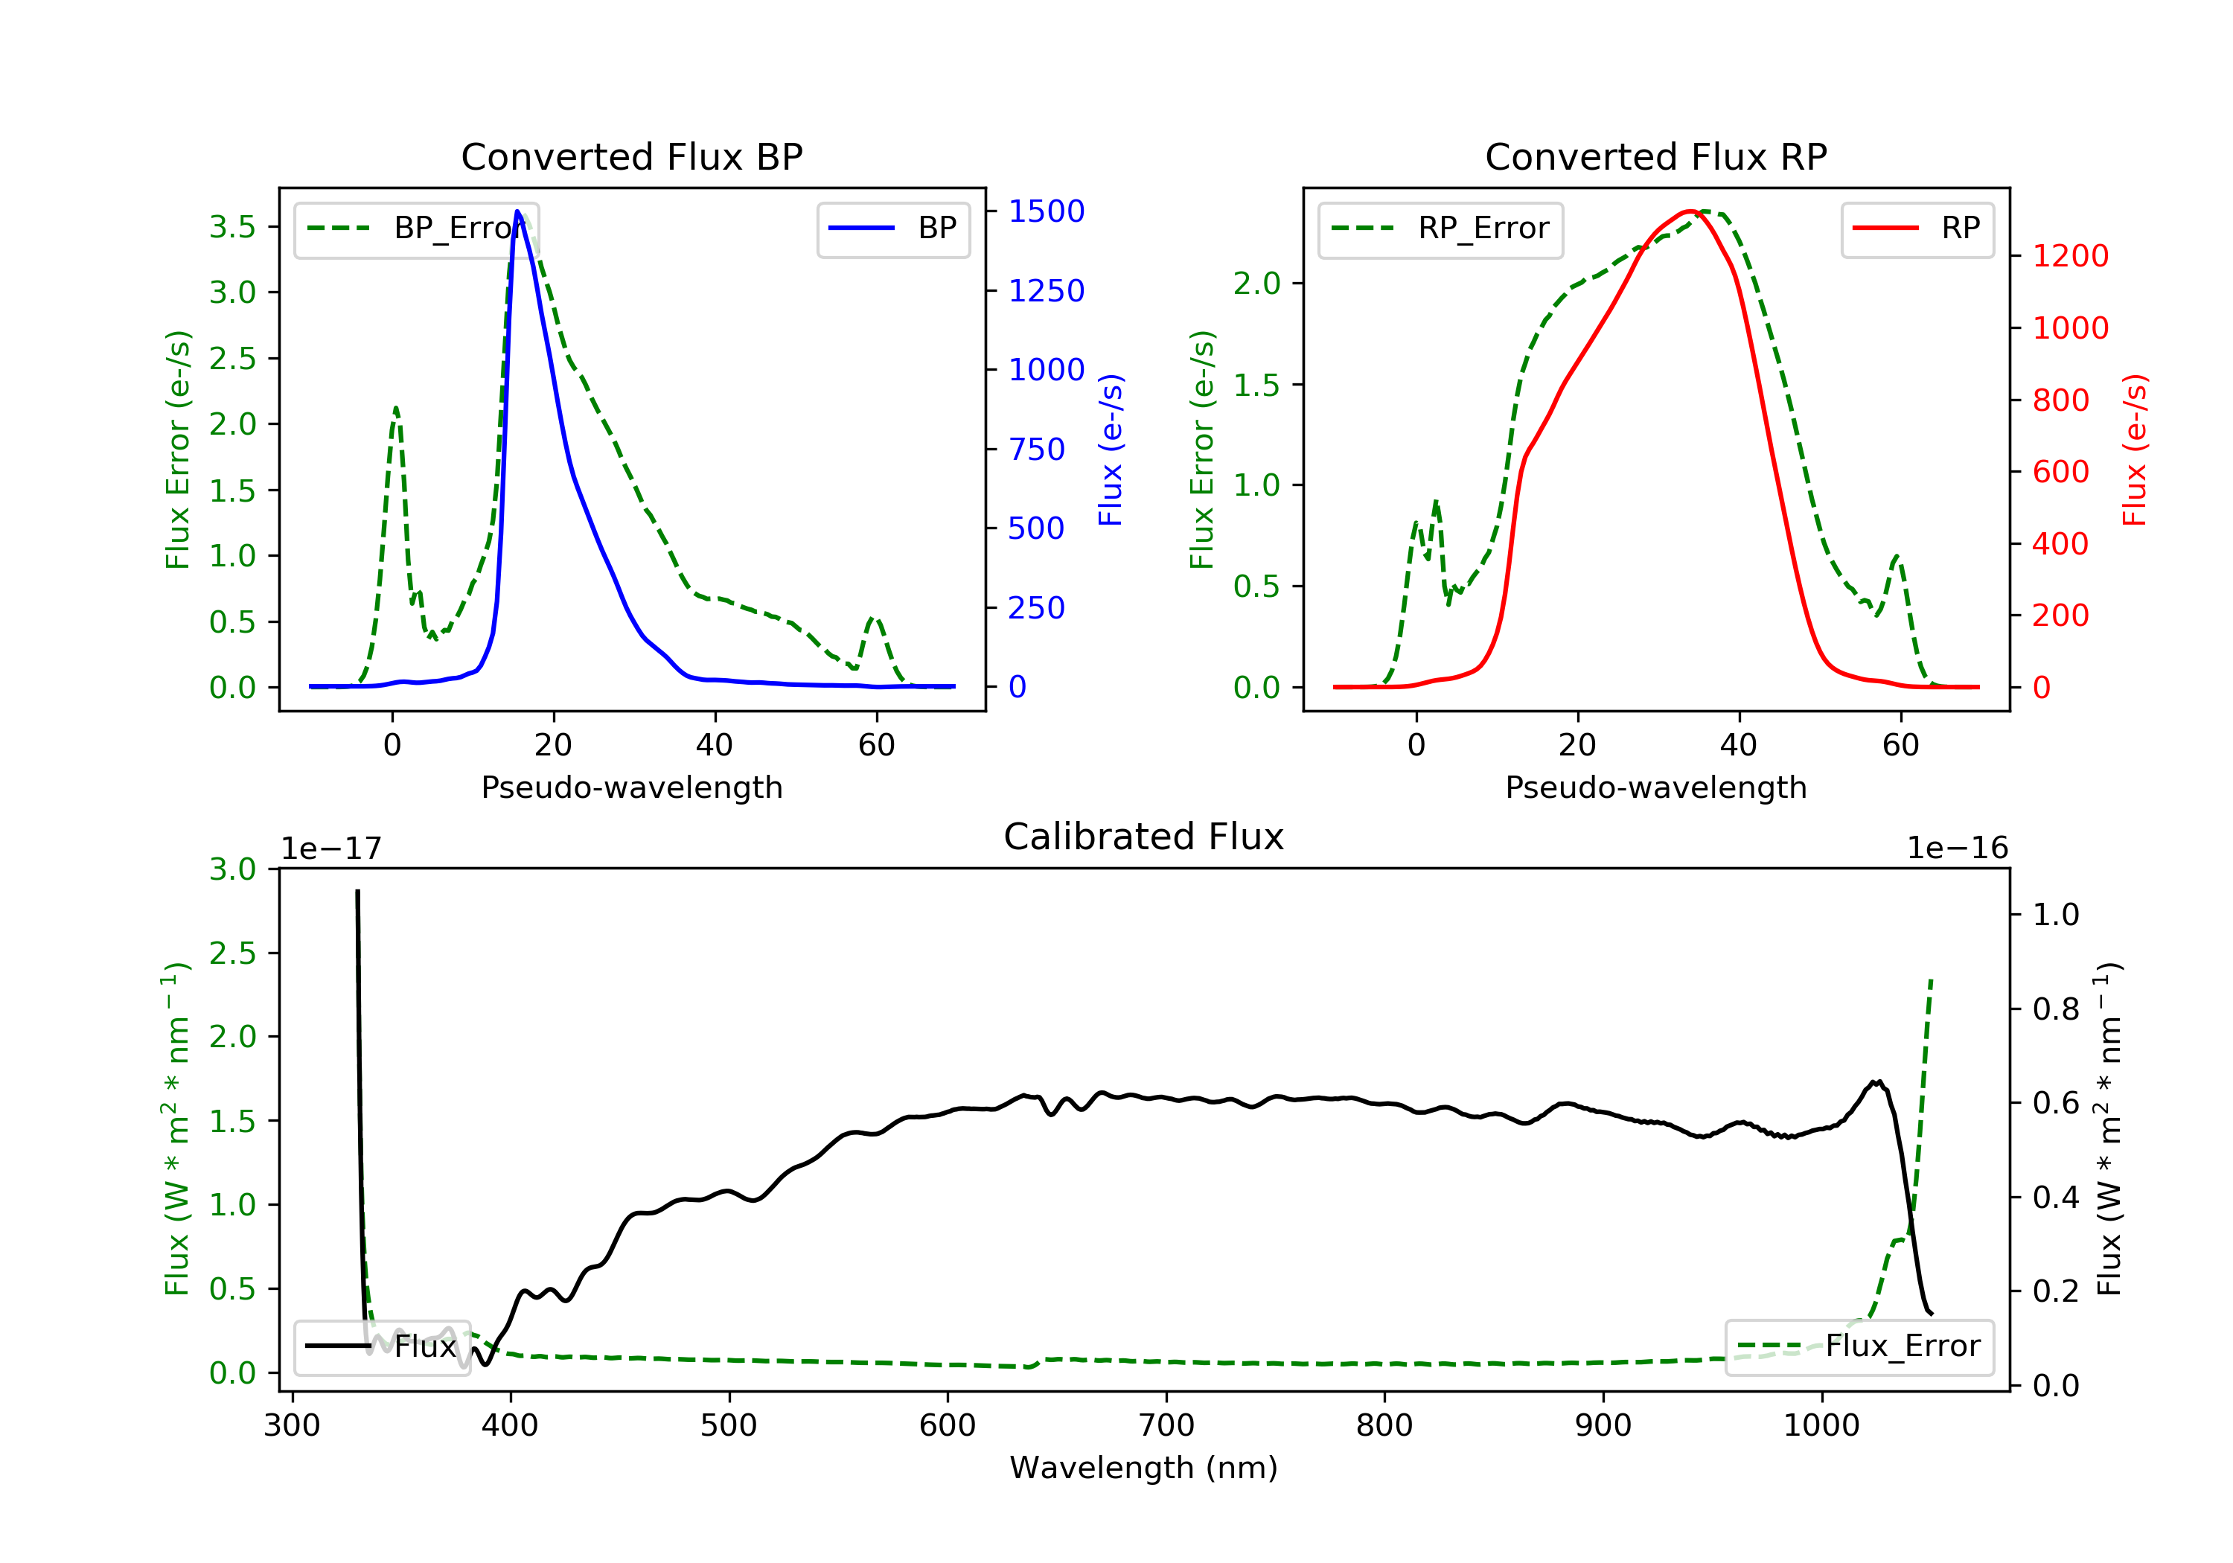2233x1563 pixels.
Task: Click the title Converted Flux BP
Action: click(631, 156)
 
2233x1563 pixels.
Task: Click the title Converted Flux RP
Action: click(1655, 156)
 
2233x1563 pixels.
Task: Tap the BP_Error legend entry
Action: click(416, 228)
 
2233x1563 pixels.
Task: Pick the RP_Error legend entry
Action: click(1440, 228)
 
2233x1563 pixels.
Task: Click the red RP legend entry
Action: click(1917, 228)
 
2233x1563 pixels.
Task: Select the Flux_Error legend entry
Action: click(1859, 1346)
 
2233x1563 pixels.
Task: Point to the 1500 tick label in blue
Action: click(1046, 211)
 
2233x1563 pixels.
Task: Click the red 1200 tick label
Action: click(2069, 256)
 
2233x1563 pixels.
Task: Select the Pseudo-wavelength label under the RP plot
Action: click(1655, 787)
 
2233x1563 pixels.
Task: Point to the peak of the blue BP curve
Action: click(517, 211)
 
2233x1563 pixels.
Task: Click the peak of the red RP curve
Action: click(1690, 211)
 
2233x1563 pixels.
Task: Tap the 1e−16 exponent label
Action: click(1957, 848)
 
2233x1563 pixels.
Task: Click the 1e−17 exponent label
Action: click(330, 848)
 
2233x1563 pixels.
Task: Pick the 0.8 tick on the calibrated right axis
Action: click(2055, 1009)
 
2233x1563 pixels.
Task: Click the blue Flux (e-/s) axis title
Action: click(1111, 450)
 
